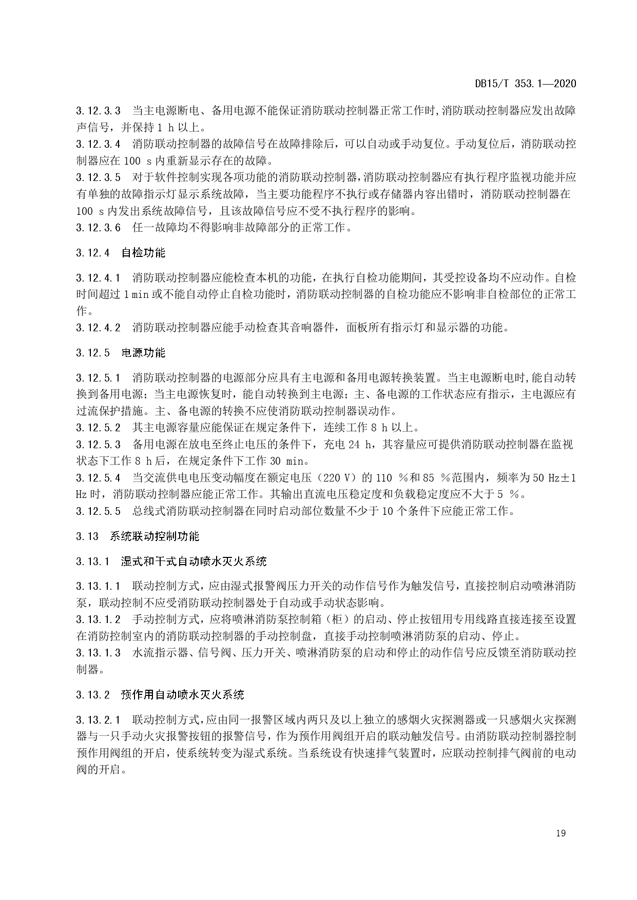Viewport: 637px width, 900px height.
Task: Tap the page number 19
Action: pyautogui.click(x=561, y=833)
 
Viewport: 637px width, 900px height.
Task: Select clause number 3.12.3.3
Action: pyautogui.click(x=98, y=110)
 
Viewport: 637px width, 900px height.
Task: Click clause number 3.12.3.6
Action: pyautogui.click(x=98, y=228)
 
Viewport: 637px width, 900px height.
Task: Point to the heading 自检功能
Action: pyautogui.click(x=143, y=253)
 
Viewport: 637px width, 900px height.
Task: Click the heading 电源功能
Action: pyautogui.click(x=143, y=353)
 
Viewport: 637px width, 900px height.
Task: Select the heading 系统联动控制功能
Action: pyautogui.click(x=155, y=536)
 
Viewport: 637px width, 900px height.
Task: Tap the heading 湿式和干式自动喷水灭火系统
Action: pyautogui.click(x=194, y=562)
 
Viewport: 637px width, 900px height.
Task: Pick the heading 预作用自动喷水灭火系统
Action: pyautogui.click(x=182, y=695)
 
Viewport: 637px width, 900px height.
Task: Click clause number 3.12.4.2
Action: pyautogui.click(x=98, y=328)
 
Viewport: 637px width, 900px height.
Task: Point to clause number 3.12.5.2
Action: pyautogui.click(x=98, y=428)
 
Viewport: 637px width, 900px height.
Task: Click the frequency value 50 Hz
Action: pyautogui.click(x=547, y=478)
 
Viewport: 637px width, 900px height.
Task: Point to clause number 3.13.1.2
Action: pyautogui.click(x=98, y=619)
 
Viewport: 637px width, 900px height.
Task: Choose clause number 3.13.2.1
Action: pyautogui.click(x=98, y=720)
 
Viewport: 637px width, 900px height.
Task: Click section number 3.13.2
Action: pyautogui.click(x=92, y=695)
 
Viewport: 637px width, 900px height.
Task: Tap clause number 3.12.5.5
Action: pyautogui.click(x=98, y=511)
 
